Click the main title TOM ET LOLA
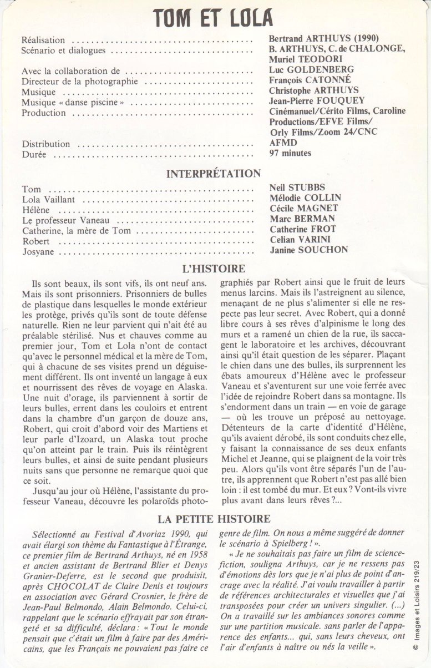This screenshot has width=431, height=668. click(x=214, y=18)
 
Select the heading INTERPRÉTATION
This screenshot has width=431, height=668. click(x=214, y=174)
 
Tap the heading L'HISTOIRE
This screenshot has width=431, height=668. click(x=214, y=268)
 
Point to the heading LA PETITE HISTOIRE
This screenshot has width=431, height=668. click(x=214, y=519)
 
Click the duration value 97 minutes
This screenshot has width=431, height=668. click(x=290, y=153)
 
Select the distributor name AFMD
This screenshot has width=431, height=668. click(x=281, y=143)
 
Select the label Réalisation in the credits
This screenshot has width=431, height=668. click(x=43, y=41)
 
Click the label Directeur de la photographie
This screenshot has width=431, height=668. click(x=72, y=82)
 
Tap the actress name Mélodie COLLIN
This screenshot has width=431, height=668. click(x=305, y=198)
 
